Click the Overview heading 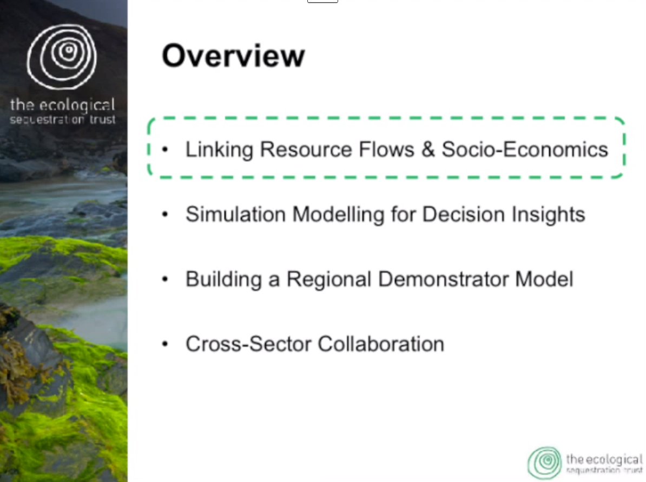233,56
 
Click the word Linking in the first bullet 219,150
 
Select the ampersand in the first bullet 428,149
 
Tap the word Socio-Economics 525,149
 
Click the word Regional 329,279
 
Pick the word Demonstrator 443,279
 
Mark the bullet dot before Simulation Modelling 165,214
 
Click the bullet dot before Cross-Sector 165,344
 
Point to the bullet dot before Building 165,279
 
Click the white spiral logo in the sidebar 62,56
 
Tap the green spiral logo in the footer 544,463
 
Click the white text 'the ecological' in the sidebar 62,105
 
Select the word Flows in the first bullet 386,149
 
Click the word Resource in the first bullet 306,149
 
